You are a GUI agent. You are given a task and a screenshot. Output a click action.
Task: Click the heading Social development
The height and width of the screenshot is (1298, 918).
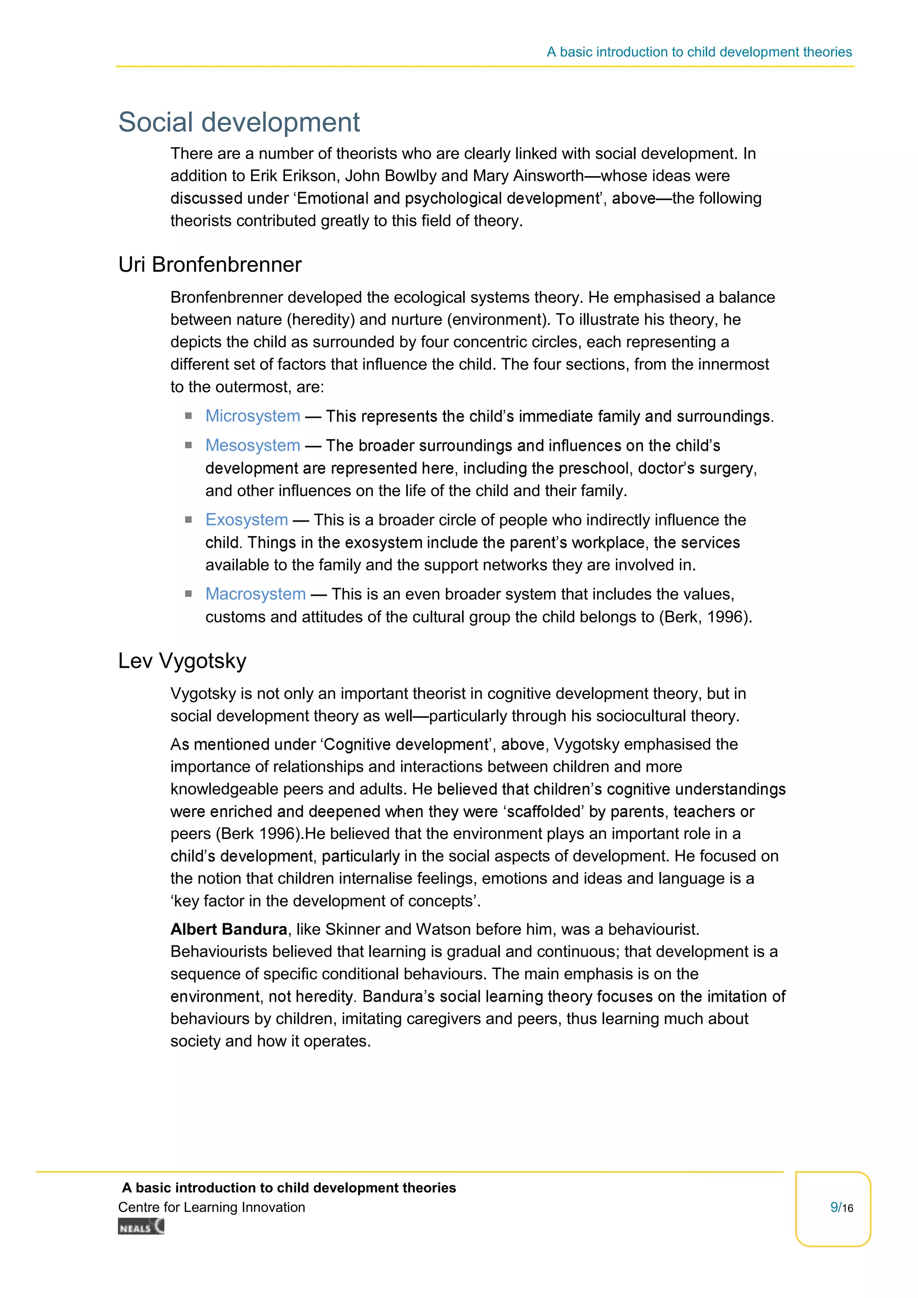click(x=238, y=122)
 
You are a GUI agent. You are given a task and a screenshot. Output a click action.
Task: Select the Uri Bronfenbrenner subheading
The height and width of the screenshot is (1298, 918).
click(x=210, y=264)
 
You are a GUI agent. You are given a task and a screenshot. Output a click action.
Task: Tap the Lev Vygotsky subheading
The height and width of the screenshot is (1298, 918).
click(x=182, y=661)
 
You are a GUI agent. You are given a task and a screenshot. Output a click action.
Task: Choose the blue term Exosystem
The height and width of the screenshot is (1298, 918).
click(x=247, y=519)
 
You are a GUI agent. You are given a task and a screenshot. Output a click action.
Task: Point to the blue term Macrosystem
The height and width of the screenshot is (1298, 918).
click(x=255, y=594)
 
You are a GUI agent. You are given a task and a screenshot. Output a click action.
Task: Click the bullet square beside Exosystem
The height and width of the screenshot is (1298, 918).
click(x=188, y=519)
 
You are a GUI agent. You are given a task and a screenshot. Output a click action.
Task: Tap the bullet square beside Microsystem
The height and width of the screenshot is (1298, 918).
click(x=188, y=416)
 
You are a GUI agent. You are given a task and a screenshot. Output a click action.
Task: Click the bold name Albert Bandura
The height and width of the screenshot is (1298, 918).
click(x=228, y=930)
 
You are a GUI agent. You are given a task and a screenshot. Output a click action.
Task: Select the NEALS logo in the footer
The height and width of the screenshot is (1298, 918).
click(x=141, y=1227)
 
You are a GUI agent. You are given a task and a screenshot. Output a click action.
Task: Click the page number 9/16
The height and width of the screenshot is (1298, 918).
click(x=841, y=1207)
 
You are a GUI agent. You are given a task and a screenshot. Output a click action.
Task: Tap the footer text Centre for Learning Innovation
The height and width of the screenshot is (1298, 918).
click(x=212, y=1207)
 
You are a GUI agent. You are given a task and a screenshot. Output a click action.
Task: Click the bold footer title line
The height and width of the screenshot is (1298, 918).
click(x=289, y=1188)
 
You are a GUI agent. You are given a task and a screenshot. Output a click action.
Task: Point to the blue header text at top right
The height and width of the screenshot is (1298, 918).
click(x=699, y=52)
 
